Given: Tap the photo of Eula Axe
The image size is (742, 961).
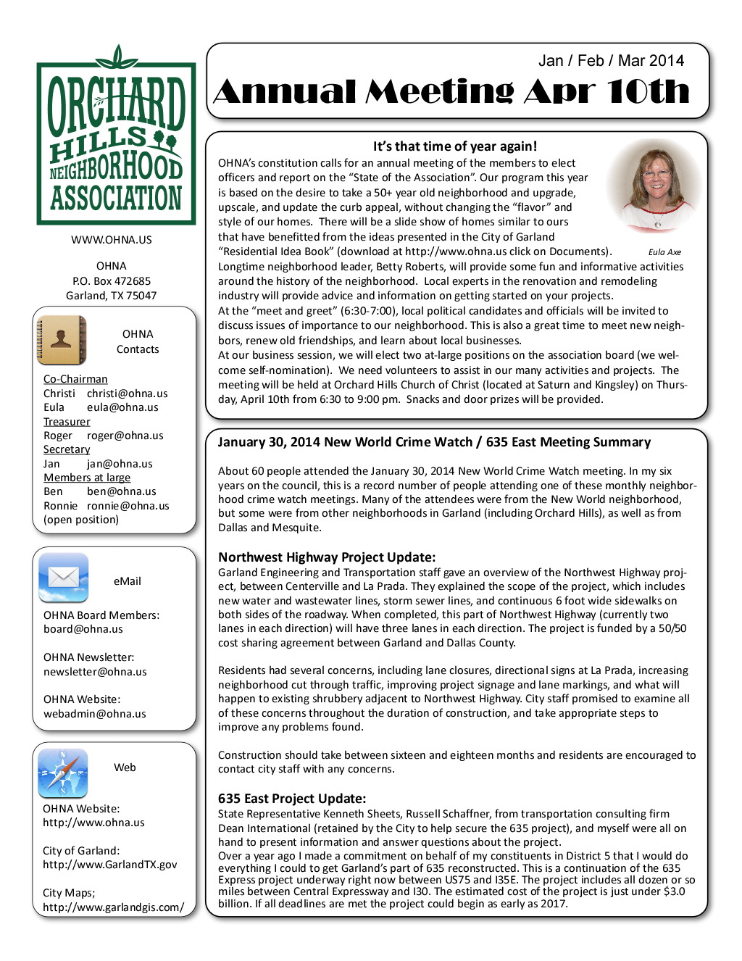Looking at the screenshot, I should pos(654,185).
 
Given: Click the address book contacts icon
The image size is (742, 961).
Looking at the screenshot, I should pos(62,340).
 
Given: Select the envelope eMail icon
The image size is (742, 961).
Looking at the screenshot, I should pos(64,578).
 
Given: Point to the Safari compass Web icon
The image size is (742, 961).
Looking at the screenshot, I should pos(63,773).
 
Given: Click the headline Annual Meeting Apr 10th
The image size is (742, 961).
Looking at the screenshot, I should pos(451,92).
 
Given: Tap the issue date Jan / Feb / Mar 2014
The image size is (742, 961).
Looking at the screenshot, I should pos(611,61).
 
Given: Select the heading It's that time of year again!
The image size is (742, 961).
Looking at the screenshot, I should pos(455,146).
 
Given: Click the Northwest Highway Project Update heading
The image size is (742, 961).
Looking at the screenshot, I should pos(327,557).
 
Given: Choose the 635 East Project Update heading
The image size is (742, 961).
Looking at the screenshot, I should pos(292,799).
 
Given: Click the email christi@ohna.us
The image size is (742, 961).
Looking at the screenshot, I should pos(128,394).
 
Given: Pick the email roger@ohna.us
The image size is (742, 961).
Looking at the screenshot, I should pos(125,436).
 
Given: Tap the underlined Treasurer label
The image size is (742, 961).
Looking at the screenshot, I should pos(67,422).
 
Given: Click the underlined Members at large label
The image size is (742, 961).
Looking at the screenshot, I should pos(87,478).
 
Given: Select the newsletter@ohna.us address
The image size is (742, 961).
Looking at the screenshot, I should pos(95,672).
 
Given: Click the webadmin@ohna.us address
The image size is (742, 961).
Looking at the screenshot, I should pos(95,714).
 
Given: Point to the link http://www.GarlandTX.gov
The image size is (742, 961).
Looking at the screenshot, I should pos(109,865).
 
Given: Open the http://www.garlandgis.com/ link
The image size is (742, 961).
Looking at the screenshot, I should pos(113,907).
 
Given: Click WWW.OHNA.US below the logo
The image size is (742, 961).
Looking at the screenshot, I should pos(112,240).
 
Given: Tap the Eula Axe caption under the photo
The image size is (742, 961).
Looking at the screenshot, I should pos(664,252).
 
